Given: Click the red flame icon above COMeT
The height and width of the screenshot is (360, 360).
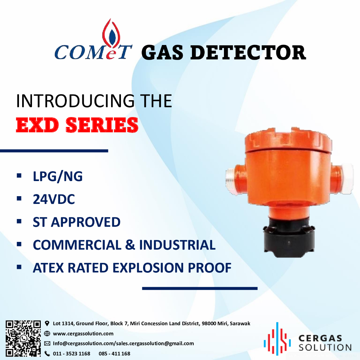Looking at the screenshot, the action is point(111,35).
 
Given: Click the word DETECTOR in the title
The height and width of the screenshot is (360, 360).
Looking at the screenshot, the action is point(248,53).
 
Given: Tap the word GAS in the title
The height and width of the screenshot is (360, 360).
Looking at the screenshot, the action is point(162,53).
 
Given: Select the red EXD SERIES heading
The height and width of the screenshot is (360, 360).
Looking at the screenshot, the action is point(77,125).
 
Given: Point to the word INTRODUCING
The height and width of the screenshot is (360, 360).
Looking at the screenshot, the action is point(75,101).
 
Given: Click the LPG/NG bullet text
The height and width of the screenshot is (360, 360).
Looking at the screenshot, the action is point(58,176).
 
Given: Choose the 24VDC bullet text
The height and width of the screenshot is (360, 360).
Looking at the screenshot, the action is point(54,199).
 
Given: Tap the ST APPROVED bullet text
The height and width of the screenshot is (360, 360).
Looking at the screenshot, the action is point(77,222).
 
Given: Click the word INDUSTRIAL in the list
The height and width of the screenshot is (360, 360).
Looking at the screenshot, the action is point(177,245).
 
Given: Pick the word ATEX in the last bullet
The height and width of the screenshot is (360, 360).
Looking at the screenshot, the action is point(48,268).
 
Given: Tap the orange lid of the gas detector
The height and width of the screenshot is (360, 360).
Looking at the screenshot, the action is point(288,140).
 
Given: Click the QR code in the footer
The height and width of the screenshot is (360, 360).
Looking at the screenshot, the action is point(23,338).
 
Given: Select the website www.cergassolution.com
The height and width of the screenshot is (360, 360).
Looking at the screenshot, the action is point(83,334).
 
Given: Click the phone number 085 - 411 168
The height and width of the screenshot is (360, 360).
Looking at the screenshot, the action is point(114,354).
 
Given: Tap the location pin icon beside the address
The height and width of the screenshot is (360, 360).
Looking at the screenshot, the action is point(47,323).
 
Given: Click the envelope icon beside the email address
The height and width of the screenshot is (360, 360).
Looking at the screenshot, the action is point(47,343).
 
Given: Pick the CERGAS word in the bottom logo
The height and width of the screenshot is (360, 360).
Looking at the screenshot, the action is point(320,338).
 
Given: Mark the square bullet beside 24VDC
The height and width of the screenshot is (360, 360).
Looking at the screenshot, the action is point(19,198).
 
